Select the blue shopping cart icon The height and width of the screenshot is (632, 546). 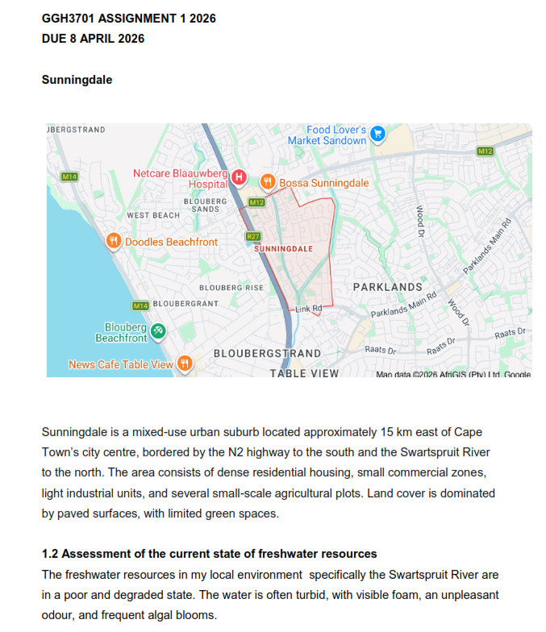pyautogui.click(x=377, y=135)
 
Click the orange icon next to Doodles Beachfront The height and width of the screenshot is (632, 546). pyautogui.click(x=114, y=241)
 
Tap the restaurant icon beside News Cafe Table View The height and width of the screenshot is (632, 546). pyautogui.click(x=184, y=364)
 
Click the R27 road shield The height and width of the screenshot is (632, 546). pyautogui.click(x=253, y=236)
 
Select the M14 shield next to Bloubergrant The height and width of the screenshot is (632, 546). pyautogui.click(x=140, y=305)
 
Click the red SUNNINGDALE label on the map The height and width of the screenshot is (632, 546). pyautogui.click(x=283, y=249)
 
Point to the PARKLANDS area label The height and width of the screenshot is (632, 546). pyautogui.click(x=387, y=287)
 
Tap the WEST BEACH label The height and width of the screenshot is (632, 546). pyautogui.click(x=153, y=215)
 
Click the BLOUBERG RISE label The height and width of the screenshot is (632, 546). pyautogui.click(x=231, y=288)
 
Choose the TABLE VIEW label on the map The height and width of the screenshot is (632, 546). pyautogui.click(x=304, y=373)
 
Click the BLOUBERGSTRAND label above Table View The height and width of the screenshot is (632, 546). pyautogui.click(x=267, y=354)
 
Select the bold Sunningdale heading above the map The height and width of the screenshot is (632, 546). pyautogui.click(x=77, y=80)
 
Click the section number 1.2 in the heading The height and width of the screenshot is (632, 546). pyautogui.click(x=50, y=554)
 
